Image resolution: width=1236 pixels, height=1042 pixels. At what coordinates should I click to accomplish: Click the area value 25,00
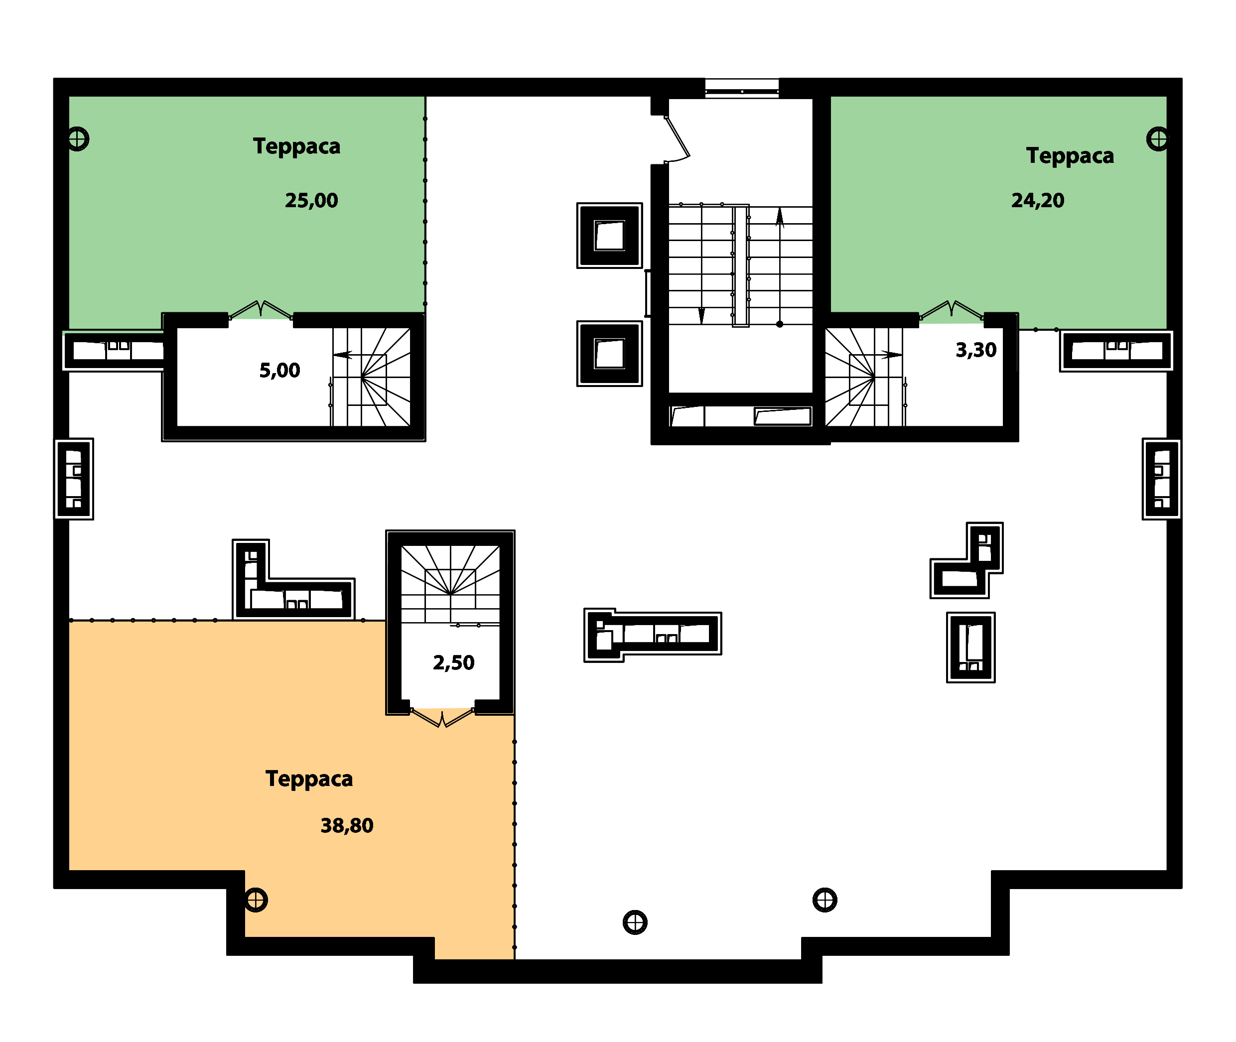tap(311, 200)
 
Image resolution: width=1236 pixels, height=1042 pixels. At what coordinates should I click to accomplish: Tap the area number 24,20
tap(1038, 200)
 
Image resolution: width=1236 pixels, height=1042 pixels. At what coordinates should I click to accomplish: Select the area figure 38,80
tap(347, 825)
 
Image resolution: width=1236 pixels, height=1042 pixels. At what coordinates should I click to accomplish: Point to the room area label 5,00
tap(279, 371)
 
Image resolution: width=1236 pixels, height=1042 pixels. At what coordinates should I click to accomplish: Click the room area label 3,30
tap(976, 350)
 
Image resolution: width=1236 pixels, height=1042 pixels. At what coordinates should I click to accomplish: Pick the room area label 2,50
tap(454, 663)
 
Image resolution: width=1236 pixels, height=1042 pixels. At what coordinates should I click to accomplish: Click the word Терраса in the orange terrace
tap(309, 779)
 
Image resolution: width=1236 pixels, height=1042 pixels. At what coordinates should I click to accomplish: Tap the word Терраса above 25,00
tap(296, 146)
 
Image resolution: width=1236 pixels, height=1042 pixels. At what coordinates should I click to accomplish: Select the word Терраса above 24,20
tap(1070, 156)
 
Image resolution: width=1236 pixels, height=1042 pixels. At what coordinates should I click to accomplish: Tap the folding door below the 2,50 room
tap(442, 718)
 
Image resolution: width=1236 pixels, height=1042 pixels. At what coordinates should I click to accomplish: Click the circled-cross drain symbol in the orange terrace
tap(256, 900)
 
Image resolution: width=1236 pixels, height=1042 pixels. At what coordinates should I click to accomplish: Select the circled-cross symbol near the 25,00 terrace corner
tap(77, 139)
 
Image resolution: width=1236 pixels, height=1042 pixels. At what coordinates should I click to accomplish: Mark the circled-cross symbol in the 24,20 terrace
tap(1157, 139)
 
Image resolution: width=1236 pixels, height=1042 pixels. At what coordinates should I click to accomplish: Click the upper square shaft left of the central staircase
tap(610, 235)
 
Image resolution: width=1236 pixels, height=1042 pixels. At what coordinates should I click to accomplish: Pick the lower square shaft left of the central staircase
tap(610, 354)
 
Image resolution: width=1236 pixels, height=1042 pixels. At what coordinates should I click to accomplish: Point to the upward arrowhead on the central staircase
tap(780, 218)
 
